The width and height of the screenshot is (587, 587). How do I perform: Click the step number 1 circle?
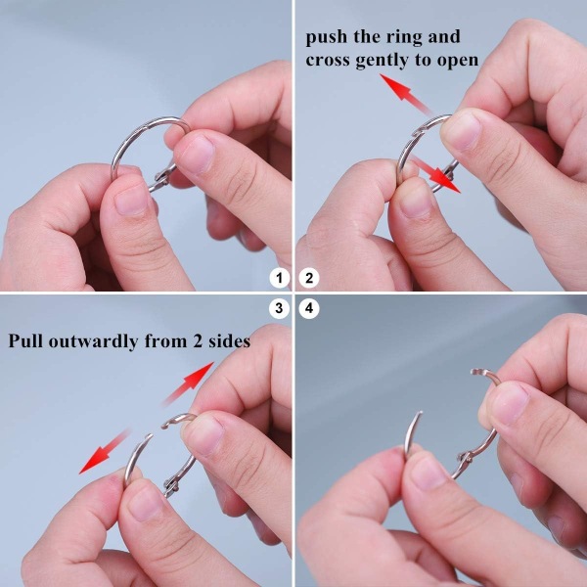(279, 278)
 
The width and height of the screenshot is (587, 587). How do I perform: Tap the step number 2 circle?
(309, 278)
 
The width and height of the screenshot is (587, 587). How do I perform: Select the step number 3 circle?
(279, 308)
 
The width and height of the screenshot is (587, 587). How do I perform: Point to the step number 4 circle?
(309, 308)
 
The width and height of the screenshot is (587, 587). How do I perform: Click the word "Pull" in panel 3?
(25, 340)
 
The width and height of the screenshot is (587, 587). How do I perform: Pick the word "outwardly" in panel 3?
(93, 341)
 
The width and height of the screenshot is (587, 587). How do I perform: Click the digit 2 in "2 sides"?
(198, 341)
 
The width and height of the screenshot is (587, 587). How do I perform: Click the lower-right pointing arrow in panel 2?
(436, 175)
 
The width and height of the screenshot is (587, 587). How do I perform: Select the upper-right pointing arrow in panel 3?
(188, 384)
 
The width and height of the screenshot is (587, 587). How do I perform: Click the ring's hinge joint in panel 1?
(161, 177)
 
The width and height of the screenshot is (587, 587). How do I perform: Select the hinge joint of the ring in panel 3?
(171, 485)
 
